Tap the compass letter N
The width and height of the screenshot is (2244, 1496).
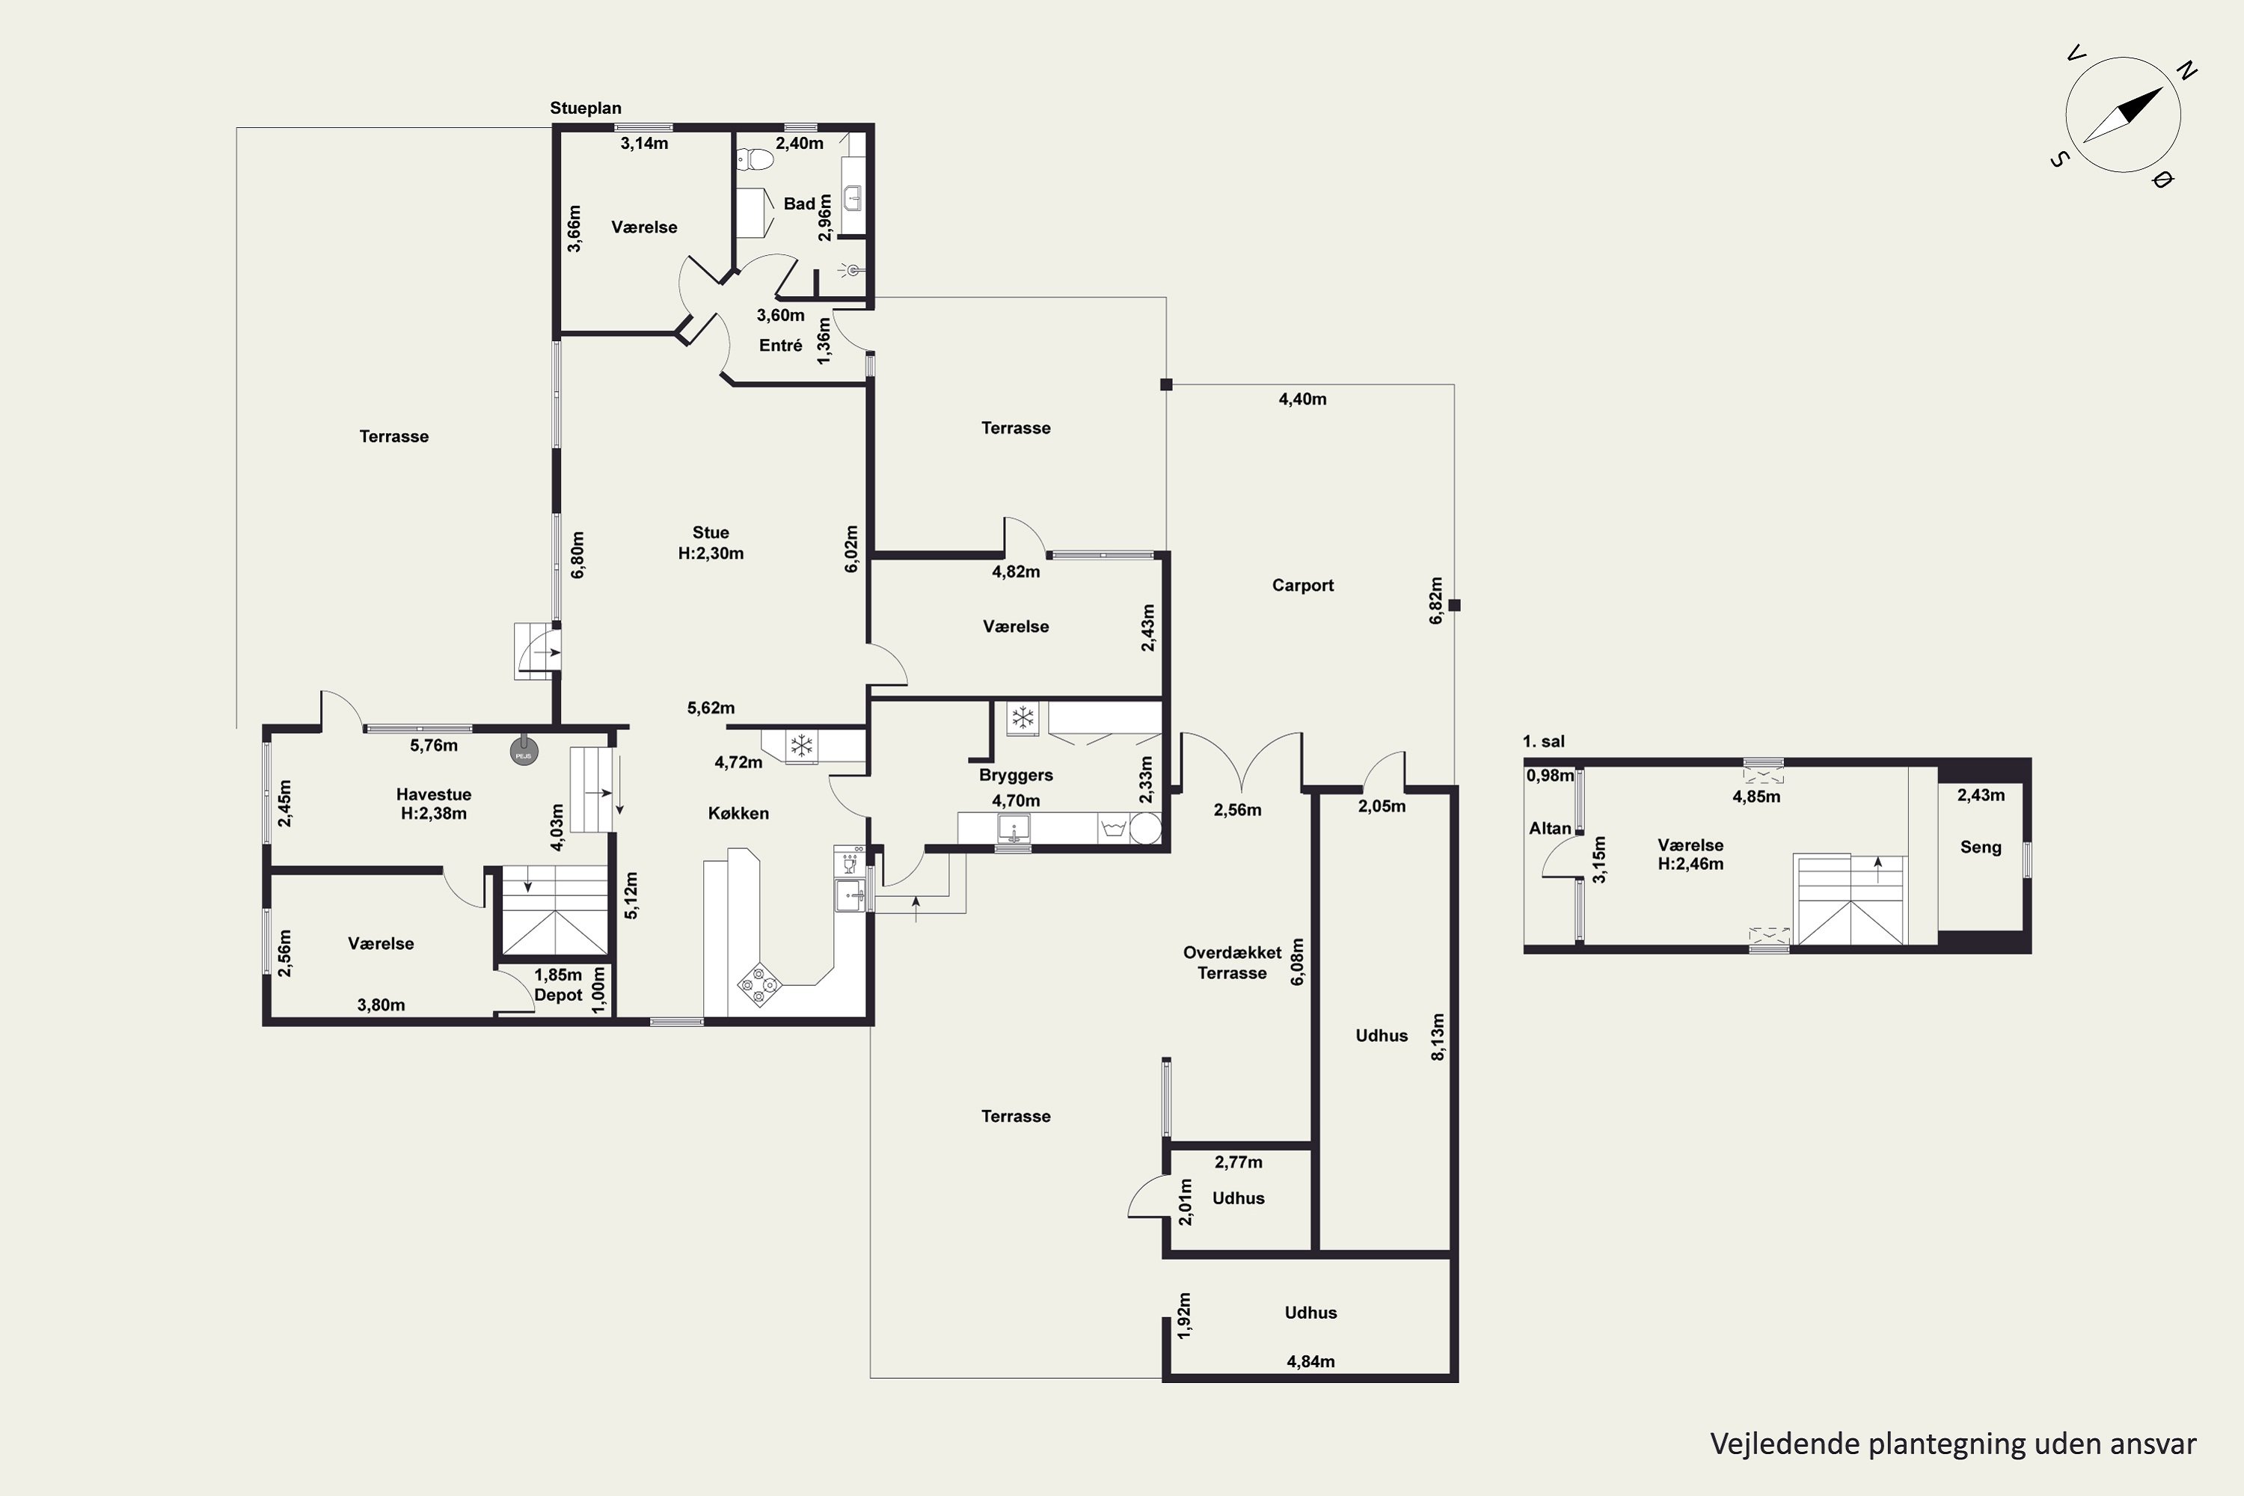tap(2186, 70)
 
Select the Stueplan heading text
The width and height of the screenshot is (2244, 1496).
tap(585, 108)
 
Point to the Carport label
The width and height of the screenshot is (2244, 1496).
tap(1302, 586)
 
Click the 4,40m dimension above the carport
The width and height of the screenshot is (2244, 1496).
tap(1302, 399)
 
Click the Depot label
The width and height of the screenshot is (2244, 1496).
tap(558, 995)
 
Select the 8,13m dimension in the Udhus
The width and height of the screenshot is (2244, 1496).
tap(1438, 1036)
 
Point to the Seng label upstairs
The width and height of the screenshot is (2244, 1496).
tap(1981, 848)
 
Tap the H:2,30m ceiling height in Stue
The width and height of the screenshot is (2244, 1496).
tap(711, 554)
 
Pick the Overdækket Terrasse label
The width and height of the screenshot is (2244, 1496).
tap(1232, 963)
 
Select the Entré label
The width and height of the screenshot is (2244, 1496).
tap(780, 346)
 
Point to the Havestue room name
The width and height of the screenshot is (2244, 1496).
tap(433, 794)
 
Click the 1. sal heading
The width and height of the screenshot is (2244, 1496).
tap(1544, 742)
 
